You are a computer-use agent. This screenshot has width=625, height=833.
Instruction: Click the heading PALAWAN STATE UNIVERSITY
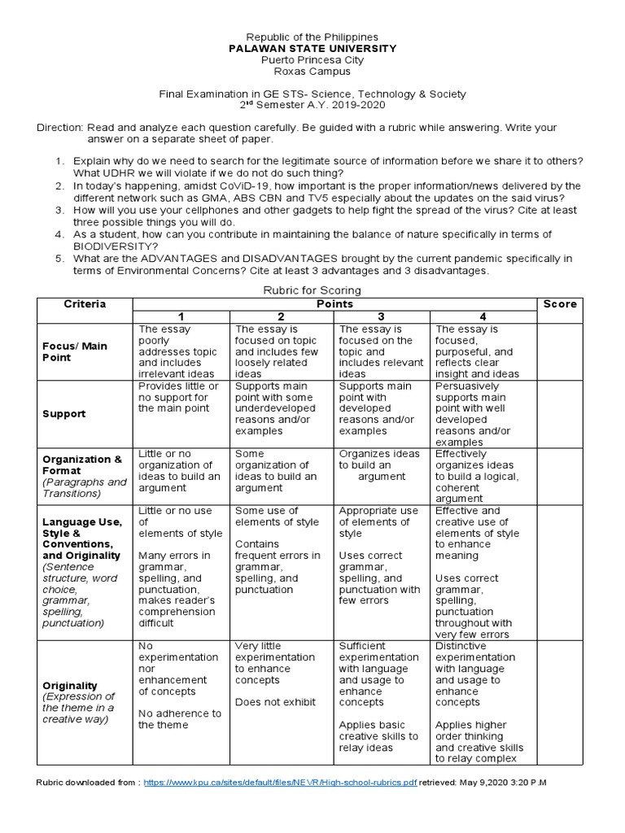312,49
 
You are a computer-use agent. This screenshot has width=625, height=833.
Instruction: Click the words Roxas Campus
312,72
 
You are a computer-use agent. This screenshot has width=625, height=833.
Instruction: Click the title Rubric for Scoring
312,290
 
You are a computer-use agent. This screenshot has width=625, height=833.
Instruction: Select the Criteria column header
85,304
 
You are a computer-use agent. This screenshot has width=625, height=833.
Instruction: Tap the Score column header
559,304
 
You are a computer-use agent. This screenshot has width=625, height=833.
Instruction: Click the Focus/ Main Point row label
75,351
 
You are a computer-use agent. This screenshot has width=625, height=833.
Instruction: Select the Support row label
64,414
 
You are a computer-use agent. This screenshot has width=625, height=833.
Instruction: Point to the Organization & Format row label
82,464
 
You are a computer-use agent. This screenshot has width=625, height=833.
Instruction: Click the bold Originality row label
70,686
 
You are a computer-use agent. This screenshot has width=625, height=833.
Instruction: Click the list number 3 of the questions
59,210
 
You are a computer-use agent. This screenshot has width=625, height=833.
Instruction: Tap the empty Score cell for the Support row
559,413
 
